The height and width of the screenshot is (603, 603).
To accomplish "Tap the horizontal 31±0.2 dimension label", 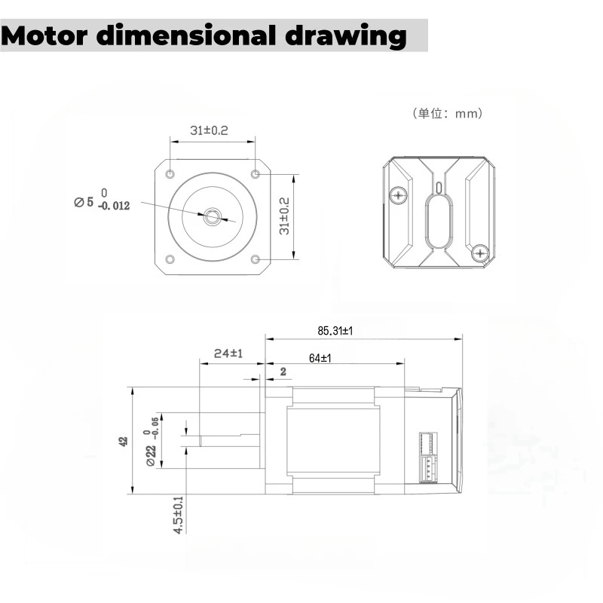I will click(x=210, y=130).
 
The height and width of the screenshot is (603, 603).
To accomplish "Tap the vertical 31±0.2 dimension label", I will click(x=285, y=216).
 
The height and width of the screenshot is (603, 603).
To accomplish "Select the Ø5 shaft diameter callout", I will click(x=84, y=202).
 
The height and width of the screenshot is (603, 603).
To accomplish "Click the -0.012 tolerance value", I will click(x=113, y=206).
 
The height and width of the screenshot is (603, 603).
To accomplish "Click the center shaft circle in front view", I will click(x=212, y=217).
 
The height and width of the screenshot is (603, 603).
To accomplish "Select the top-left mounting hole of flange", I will click(x=170, y=174).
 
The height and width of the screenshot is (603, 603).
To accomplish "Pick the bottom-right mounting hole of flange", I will click(x=255, y=259).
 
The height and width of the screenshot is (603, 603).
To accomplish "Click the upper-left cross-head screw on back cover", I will click(x=399, y=196).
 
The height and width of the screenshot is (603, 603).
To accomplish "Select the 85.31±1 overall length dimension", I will click(x=335, y=330).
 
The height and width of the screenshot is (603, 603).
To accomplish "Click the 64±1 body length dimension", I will click(x=320, y=359).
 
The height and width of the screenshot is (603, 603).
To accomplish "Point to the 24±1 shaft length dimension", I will click(x=227, y=354).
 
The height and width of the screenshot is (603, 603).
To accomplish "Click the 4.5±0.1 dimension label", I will click(x=179, y=516).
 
